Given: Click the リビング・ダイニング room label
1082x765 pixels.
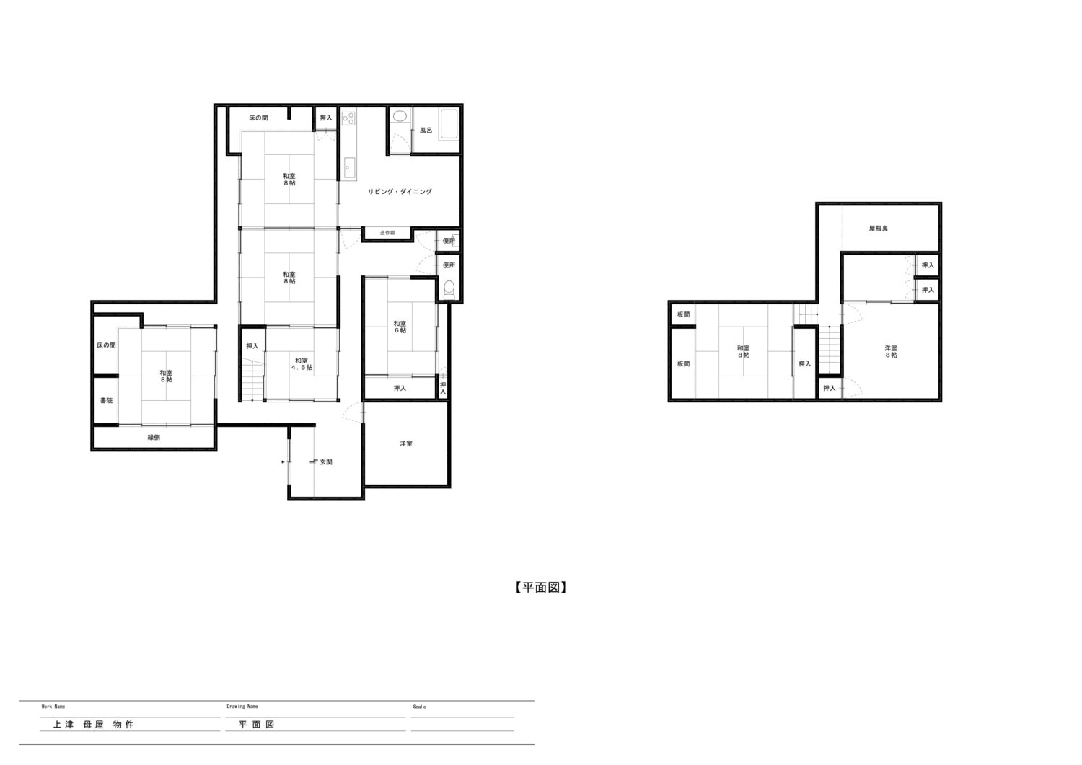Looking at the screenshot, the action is tap(400, 192).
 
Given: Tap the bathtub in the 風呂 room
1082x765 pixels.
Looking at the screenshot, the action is tap(449, 125).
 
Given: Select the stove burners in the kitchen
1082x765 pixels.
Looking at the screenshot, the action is tap(348, 118).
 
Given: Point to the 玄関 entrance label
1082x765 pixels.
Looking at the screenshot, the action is tap(326, 462).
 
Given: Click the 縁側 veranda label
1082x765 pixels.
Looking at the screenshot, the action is tap(154, 438).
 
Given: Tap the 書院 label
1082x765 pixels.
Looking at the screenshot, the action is tap(106, 400).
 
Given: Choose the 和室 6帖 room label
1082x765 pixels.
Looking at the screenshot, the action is tap(400, 327).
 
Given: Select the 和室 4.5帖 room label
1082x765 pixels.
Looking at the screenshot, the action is tap(302, 363).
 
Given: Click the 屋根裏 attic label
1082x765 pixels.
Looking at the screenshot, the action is tap(878, 229).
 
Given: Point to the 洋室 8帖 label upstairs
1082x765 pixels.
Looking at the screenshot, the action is tap(891, 351).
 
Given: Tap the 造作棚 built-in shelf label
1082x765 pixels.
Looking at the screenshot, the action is tap(387, 233).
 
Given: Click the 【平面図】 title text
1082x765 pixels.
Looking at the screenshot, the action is tap(540, 588).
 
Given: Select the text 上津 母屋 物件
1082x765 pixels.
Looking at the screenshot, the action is tap(93, 725).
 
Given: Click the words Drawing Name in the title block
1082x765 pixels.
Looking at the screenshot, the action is tap(242, 706).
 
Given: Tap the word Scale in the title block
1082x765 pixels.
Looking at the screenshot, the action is tap(419, 707).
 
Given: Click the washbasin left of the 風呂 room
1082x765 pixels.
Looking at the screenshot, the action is tap(400, 116).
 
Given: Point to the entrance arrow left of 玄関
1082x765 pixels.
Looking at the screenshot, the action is tap(283, 462).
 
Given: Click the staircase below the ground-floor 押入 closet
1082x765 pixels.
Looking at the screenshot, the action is tap(252, 379).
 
